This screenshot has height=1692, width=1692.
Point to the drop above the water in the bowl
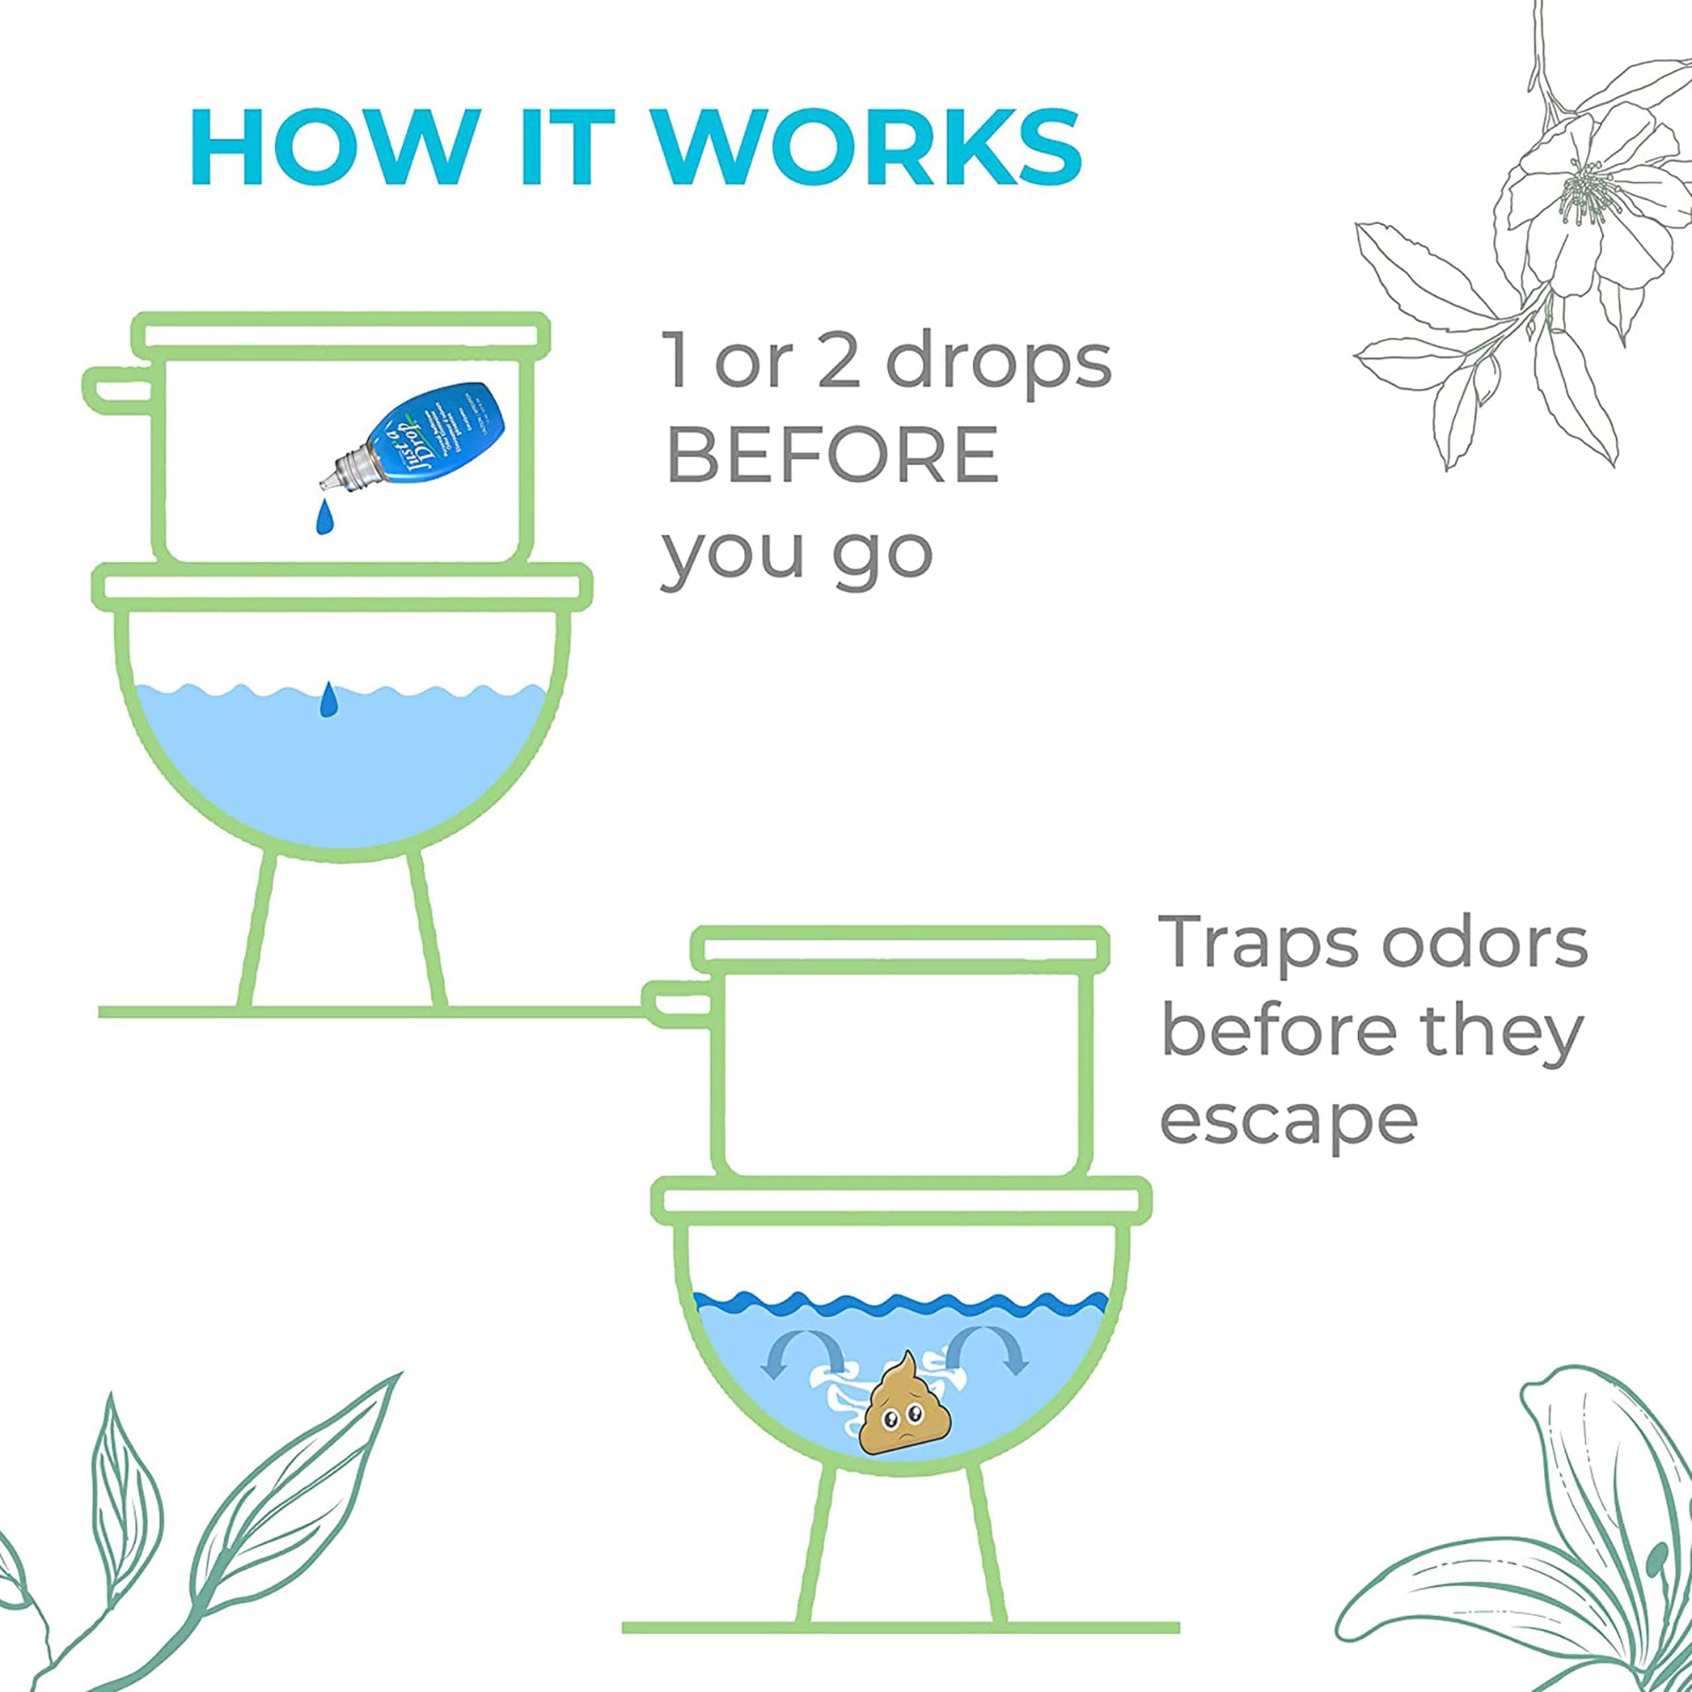pos(328,699)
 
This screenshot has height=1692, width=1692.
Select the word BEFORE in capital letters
pos(832,455)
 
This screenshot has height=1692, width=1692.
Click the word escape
pos(1288,1120)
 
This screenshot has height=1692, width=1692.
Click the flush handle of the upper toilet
pos(118,389)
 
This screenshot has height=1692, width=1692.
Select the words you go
pos(797,552)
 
